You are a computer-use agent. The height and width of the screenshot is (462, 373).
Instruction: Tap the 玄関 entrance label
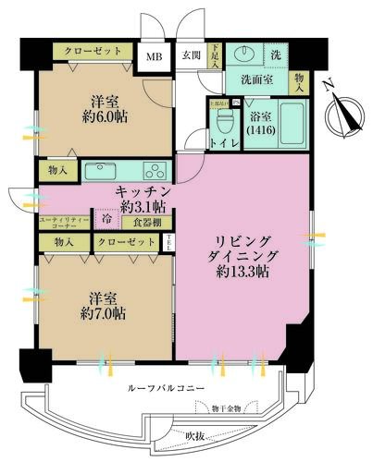coord(190,55)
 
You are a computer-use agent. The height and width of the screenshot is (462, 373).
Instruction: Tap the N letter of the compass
coord(330,88)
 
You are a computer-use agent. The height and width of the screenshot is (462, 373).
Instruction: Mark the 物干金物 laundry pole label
coord(224,408)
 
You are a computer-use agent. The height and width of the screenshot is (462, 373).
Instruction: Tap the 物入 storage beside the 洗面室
coord(302,84)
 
